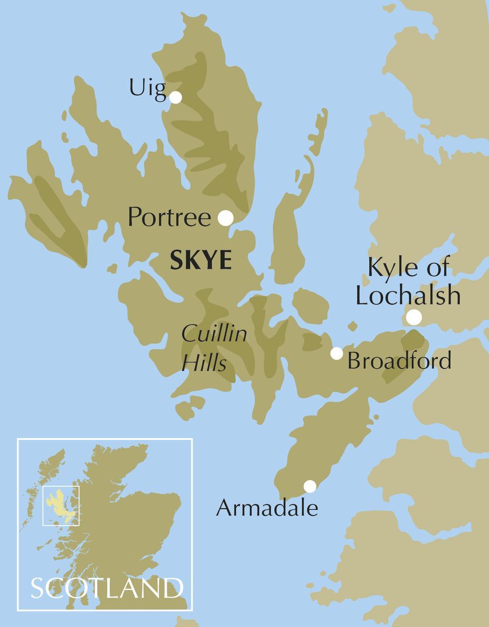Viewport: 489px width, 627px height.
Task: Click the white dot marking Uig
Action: tap(176, 98)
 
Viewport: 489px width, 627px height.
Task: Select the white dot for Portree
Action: tap(225, 218)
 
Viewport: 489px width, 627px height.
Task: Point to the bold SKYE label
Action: tap(201, 261)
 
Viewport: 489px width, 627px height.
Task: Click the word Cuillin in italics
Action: tap(214, 333)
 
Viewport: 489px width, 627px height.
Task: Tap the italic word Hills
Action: tap(204, 362)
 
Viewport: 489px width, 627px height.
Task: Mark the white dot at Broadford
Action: tap(336, 354)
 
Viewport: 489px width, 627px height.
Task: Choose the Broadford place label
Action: tap(399, 361)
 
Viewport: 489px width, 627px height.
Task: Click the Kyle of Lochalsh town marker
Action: tap(414, 317)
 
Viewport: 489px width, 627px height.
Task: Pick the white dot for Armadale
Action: tap(310, 486)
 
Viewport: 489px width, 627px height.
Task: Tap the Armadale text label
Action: tap(267, 508)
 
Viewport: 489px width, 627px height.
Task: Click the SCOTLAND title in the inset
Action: tap(107, 588)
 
